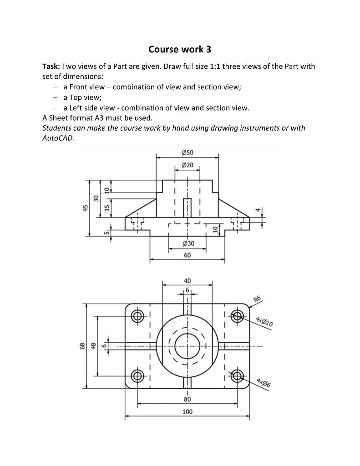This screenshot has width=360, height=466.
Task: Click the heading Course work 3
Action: click(180, 49)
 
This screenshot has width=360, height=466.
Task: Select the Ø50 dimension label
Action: click(187, 152)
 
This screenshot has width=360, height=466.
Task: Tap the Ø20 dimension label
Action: click(187, 165)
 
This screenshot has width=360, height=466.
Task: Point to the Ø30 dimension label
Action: click(188, 244)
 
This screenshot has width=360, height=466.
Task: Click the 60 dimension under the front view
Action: click(188, 255)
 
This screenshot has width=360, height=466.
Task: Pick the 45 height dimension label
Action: click(85, 208)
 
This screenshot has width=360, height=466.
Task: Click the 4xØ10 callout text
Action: click(264, 321)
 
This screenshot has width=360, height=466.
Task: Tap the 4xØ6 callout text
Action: click(263, 383)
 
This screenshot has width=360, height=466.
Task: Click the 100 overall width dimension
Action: click(187, 411)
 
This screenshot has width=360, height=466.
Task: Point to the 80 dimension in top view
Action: click(187, 399)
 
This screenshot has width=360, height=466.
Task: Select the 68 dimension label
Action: click(82, 346)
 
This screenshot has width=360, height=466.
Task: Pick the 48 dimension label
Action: click(94, 346)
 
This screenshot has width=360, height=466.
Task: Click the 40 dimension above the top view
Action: click(187, 280)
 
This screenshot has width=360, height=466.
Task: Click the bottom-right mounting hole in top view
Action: click(237, 376)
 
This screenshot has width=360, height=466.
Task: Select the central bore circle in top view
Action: click(187, 346)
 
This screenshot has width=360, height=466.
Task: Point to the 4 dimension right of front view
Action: click(258, 210)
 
